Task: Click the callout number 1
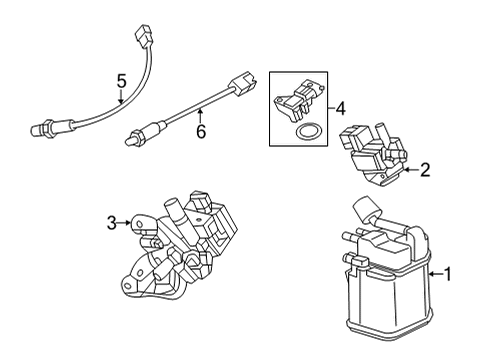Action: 449,273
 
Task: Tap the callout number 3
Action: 111,223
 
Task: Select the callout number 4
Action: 341,107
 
